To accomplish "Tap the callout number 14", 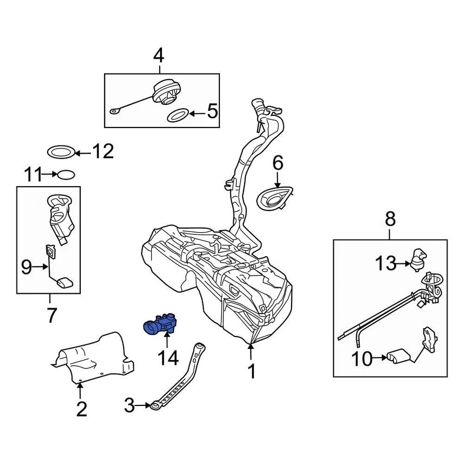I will tap(167, 358).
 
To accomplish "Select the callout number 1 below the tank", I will tap(251, 372).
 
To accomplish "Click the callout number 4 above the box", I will tap(159, 57).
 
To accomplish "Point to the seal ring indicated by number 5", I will tap(177, 115).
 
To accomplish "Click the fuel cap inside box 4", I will tap(166, 92).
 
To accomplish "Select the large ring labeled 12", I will tap(62, 152).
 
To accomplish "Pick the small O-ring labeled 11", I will tap(66, 174).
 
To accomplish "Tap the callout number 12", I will tap(102, 152).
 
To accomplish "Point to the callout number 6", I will tap(277, 163).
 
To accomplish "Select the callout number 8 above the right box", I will tap(390, 219).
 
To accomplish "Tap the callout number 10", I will tap(363, 359).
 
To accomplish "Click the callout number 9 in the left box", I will tap(27, 266).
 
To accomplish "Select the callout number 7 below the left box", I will tap(51, 316).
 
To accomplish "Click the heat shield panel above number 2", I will tap(97, 355).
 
